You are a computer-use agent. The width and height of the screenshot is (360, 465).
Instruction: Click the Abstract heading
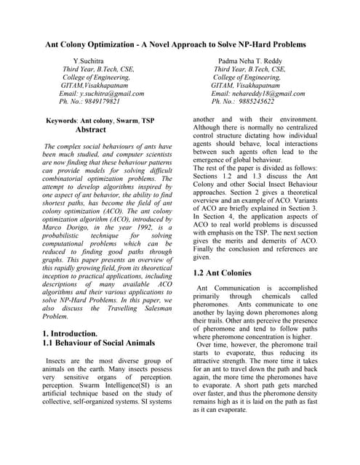[x=91, y=130]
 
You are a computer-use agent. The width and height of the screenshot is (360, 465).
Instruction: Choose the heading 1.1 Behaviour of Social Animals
[x=98, y=343]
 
